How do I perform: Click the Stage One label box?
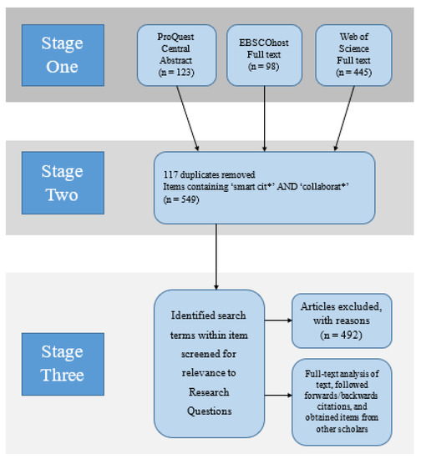click(63, 55)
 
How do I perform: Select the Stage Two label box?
click(63, 183)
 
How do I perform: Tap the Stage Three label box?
click(63, 364)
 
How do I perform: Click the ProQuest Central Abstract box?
click(176, 55)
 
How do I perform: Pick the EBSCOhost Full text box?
click(264, 55)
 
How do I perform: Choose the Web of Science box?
click(353, 55)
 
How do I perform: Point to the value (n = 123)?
click(176, 73)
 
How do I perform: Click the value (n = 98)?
click(264, 67)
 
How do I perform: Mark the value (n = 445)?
click(353, 73)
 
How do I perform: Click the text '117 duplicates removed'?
click(209, 174)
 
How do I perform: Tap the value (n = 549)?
click(181, 199)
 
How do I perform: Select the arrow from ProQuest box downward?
click(187, 119)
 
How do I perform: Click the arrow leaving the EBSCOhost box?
click(264, 119)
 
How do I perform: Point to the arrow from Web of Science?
click(344, 119)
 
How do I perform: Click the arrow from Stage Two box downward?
click(216, 257)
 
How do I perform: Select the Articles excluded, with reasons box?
click(342, 320)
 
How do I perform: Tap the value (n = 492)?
click(342, 335)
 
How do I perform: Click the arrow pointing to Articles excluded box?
click(278, 320)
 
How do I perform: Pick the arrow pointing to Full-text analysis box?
click(278, 396)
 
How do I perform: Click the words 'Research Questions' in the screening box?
click(209, 401)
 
